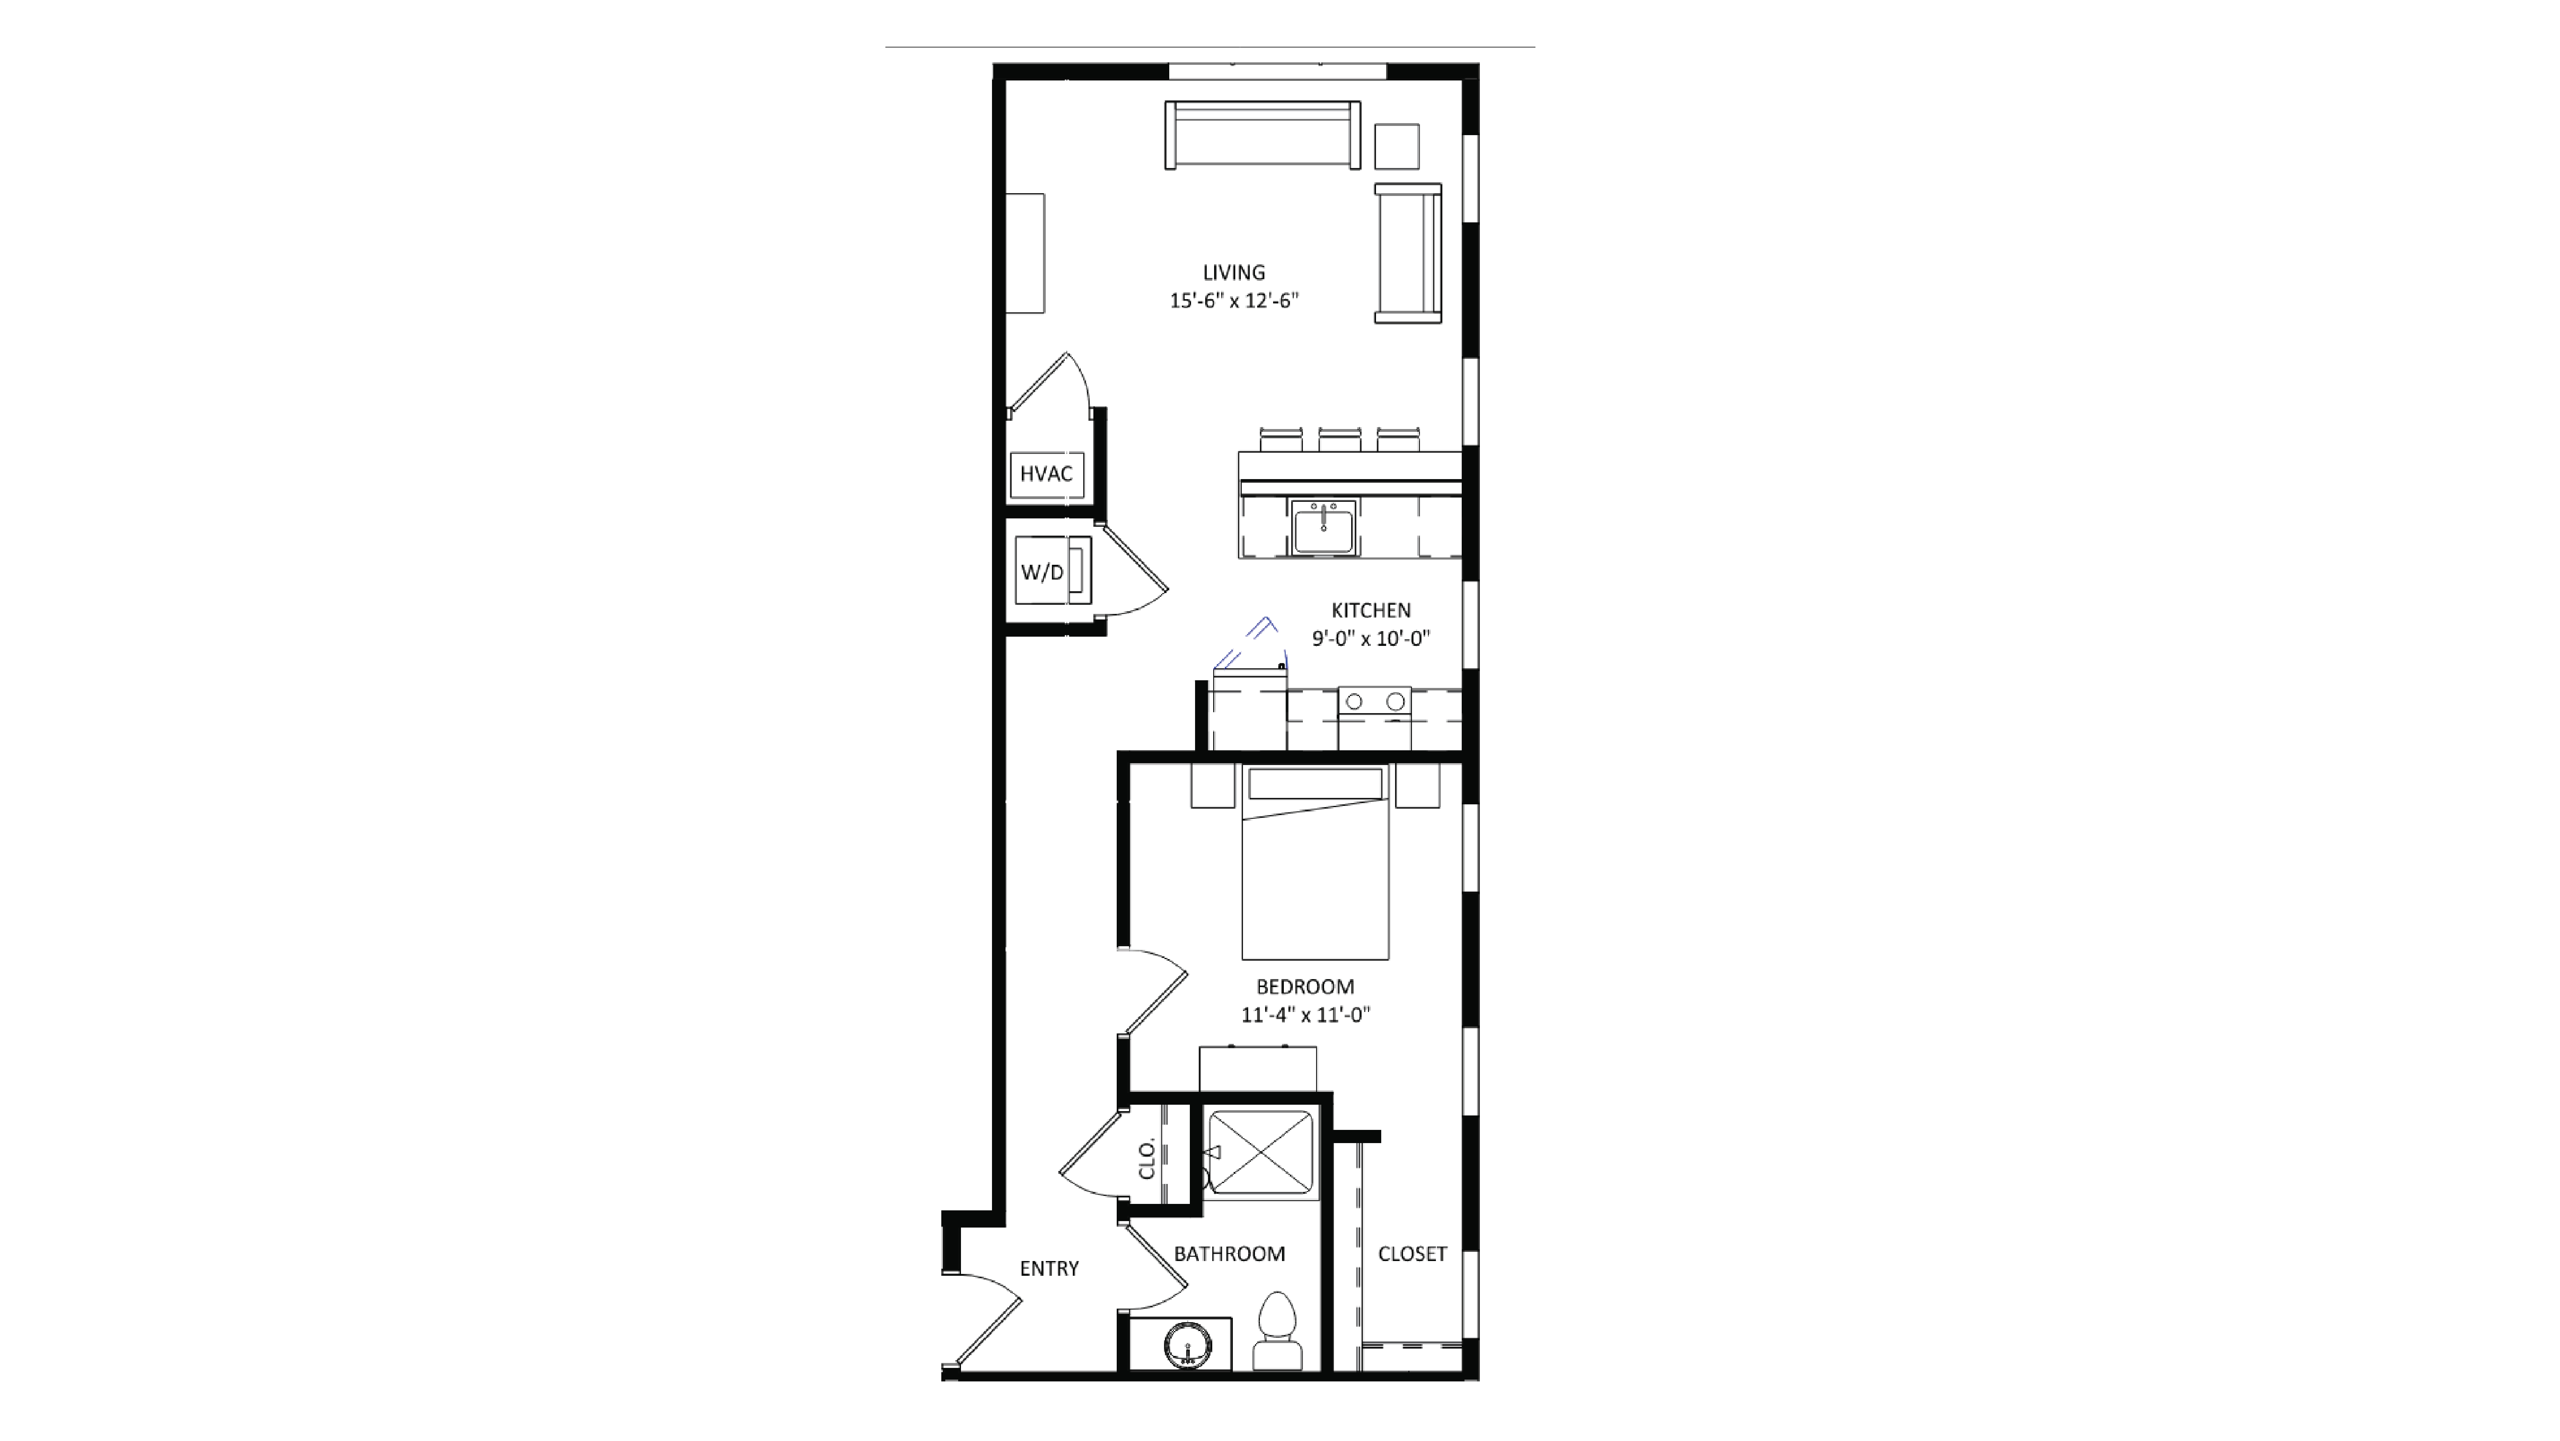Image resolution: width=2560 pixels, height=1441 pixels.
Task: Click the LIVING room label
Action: click(1233, 272)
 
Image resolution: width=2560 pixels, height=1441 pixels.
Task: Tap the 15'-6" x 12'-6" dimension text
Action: click(1233, 300)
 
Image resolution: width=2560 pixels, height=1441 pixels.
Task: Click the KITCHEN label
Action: click(1370, 610)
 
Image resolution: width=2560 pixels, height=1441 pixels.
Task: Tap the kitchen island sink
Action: click(1324, 527)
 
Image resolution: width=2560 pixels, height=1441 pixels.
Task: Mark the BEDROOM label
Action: click(1305, 987)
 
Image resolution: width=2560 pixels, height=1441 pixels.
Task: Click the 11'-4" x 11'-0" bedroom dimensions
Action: click(1305, 1015)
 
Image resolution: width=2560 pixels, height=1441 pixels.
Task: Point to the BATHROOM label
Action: click(1229, 1254)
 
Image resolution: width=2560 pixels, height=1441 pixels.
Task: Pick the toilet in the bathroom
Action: click(1277, 1332)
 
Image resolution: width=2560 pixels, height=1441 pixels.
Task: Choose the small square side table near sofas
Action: click(1396, 147)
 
